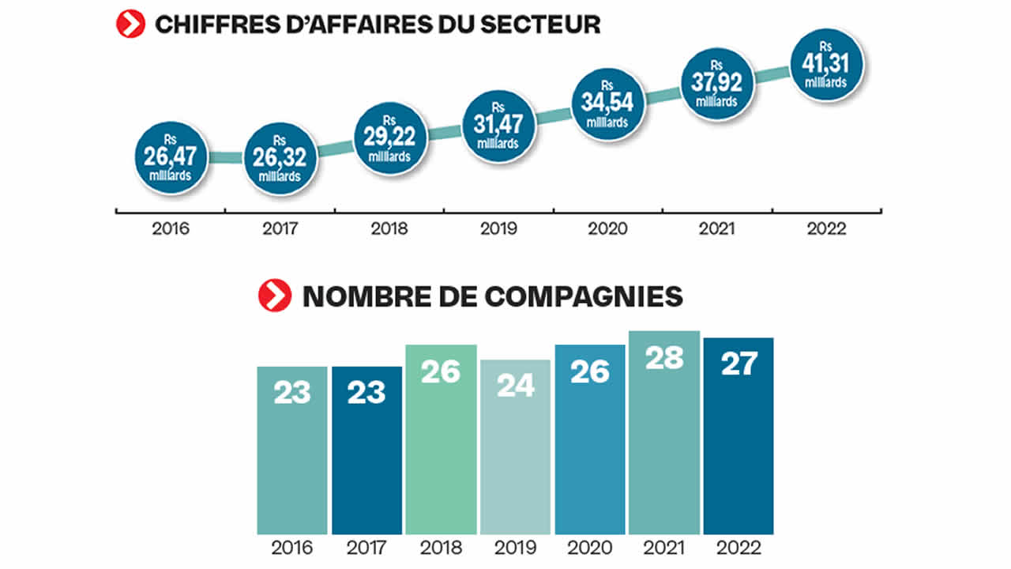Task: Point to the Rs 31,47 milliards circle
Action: click(499, 126)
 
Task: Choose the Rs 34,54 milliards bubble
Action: click(608, 104)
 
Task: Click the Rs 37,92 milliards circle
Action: click(717, 84)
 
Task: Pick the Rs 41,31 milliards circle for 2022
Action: click(826, 65)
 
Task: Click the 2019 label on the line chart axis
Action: click(499, 229)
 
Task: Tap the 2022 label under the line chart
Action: click(826, 229)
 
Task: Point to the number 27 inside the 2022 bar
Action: click(739, 364)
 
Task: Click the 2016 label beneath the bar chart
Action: click(292, 548)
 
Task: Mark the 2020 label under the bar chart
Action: click(589, 548)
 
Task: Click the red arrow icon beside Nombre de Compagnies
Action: click(275, 296)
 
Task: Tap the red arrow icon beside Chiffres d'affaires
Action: click(130, 24)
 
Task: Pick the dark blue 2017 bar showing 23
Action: click(366, 450)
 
